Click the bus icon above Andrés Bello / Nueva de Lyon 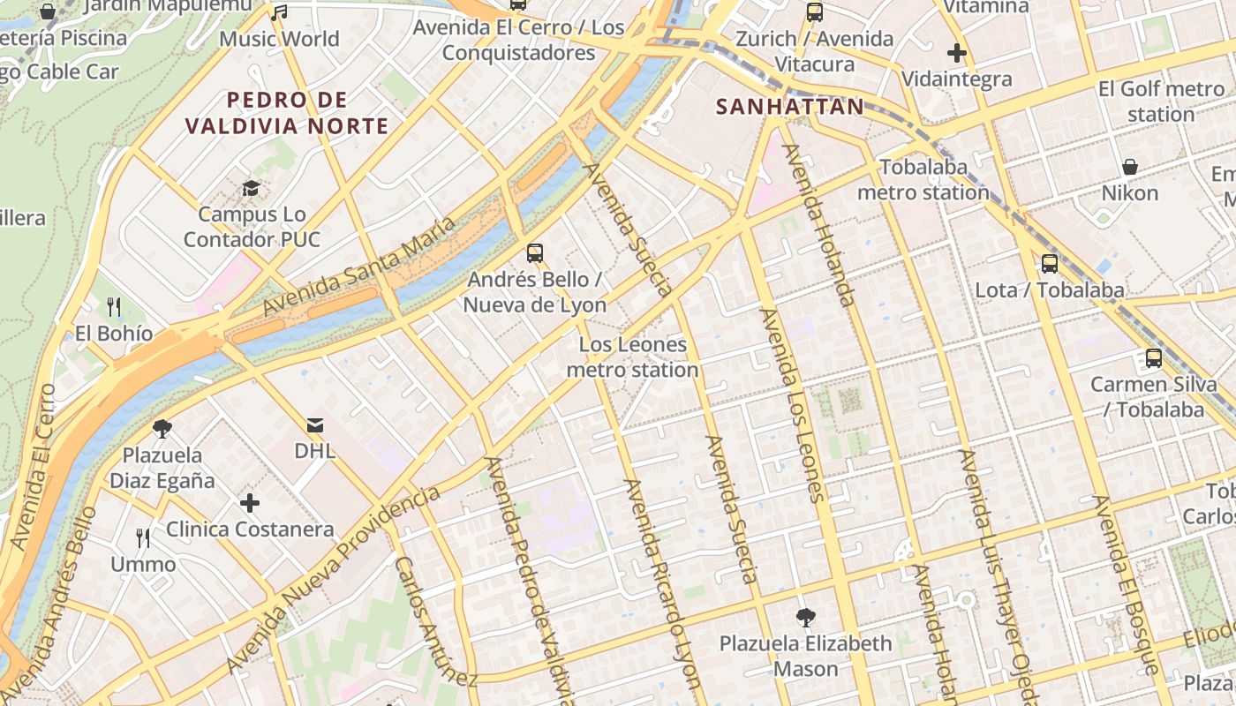click(x=534, y=253)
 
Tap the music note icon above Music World click(x=279, y=12)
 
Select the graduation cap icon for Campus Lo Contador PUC click(x=252, y=188)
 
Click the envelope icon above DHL click(x=315, y=424)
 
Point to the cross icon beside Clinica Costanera click(x=250, y=503)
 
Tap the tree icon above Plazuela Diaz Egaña click(x=162, y=429)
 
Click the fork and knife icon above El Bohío click(x=114, y=307)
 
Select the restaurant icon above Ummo click(x=143, y=537)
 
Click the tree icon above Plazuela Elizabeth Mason click(x=805, y=617)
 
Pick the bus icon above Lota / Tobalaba click(x=1049, y=263)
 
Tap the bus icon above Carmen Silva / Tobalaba click(x=1153, y=358)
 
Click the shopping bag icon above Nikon click(x=1129, y=167)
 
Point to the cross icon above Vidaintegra click(x=957, y=53)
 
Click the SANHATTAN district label click(x=789, y=107)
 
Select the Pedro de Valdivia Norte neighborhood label click(x=287, y=113)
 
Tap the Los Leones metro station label click(x=632, y=357)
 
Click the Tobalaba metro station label click(x=923, y=179)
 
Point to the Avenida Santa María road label click(x=360, y=266)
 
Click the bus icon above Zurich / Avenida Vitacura click(x=814, y=12)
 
